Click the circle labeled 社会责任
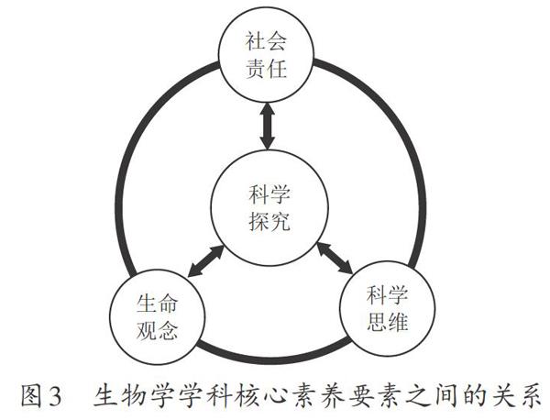coord(267,56)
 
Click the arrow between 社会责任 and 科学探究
coord(267,127)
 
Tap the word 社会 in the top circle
coord(267,41)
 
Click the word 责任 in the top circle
coord(267,71)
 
